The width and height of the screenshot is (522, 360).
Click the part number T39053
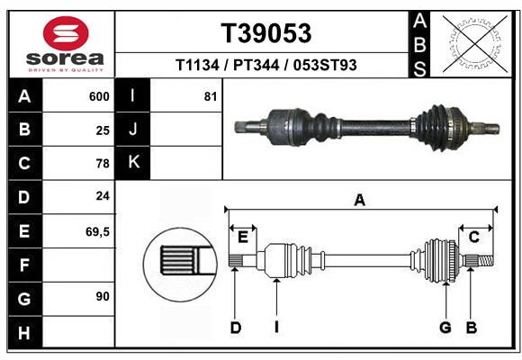click(x=266, y=33)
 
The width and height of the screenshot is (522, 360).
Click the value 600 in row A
click(x=99, y=96)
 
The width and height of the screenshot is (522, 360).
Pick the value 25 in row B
click(x=103, y=130)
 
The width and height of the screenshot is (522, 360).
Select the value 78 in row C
click(x=103, y=164)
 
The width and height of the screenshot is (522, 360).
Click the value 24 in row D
click(x=103, y=195)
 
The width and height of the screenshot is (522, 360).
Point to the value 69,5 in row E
click(x=97, y=231)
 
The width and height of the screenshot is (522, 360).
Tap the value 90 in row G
click(x=103, y=296)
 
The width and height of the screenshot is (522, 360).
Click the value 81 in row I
click(x=210, y=96)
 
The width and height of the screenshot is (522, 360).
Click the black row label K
click(x=133, y=163)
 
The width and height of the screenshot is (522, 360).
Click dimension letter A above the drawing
click(x=359, y=201)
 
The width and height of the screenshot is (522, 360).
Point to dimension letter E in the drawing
click(x=242, y=237)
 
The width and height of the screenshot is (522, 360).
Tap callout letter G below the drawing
click(x=445, y=328)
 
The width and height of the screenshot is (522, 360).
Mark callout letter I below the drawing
click(x=277, y=328)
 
